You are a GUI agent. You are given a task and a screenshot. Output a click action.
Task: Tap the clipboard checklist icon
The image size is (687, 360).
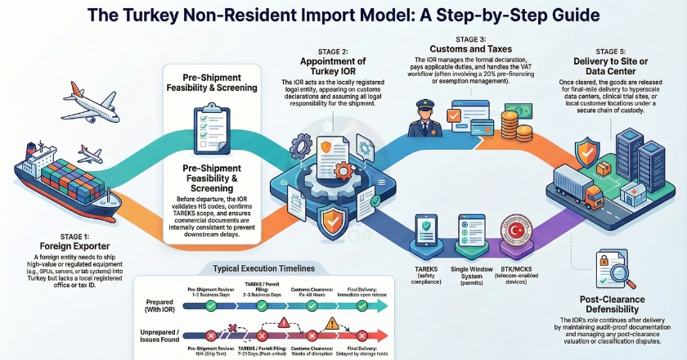point(201,130)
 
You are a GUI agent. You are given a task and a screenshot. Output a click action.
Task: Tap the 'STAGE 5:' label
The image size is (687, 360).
point(609,52)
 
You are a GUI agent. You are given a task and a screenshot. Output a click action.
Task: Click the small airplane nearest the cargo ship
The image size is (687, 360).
point(89,153)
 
